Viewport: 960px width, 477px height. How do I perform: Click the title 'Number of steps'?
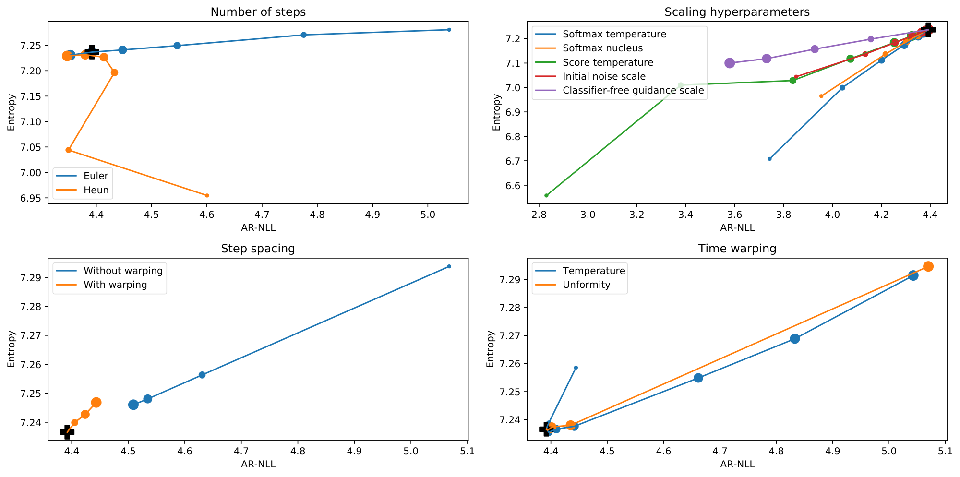[x=258, y=12]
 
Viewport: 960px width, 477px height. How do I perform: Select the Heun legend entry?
[x=96, y=190]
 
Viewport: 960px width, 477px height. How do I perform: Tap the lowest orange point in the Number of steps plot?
[x=207, y=195]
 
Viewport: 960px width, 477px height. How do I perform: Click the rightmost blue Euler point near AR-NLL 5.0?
[x=449, y=30]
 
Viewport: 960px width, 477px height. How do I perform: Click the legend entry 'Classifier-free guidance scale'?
[x=633, y=90]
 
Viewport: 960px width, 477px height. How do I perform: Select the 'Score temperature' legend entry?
[x=608, y=62]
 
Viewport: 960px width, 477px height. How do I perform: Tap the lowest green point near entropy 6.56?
[x=546, y=195]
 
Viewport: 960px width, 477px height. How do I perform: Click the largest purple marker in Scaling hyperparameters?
[x=730, y=63]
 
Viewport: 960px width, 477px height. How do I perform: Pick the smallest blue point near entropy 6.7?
[x=769, y=159]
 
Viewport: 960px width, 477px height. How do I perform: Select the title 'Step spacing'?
[x=258, y=249]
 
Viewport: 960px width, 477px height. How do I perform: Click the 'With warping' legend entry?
[x=115, y=285]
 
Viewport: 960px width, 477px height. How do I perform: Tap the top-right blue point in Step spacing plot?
[x=449, y=266]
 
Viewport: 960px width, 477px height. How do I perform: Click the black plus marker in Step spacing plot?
[x=67, y=432]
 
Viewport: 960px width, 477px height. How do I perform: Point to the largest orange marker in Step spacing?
[x=96, y=403]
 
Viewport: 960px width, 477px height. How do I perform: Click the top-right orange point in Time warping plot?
[x=928, y=266]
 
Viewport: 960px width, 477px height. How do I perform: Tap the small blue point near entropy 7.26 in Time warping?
[x=576, y=368]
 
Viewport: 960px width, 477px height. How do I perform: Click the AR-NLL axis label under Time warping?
[x=737, y=465]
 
